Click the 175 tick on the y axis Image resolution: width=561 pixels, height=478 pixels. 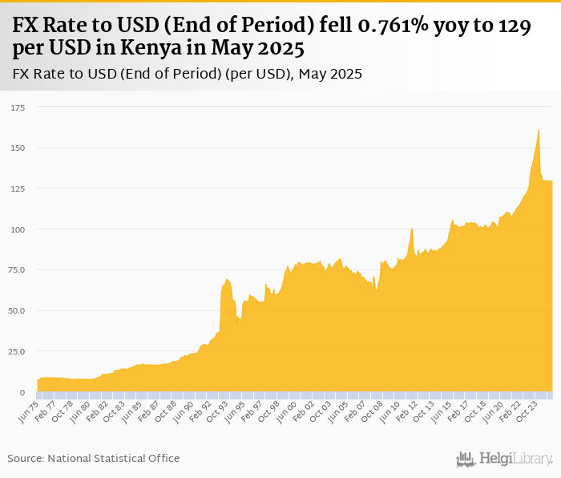[x=17, y=107]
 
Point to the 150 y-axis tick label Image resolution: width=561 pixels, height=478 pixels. [x=17, y=148]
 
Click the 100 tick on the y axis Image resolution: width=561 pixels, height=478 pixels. [x=17, y=229]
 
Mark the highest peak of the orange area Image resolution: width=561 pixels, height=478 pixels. [x=539, y=130]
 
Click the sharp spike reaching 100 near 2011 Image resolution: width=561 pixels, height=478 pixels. [x=411, y=229]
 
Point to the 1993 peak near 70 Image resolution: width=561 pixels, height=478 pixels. [x=228, y=279]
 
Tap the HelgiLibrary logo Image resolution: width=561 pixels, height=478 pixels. [x=505, y=459]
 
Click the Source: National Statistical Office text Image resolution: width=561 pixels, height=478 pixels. [x=94, y=459]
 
